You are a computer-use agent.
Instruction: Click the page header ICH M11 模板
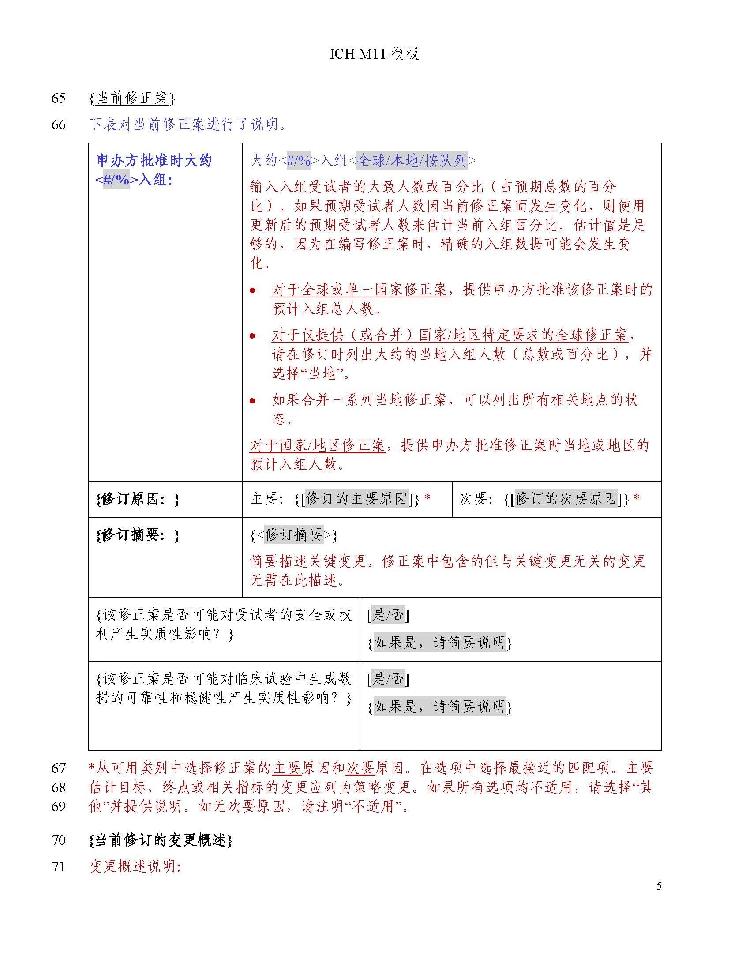coord(374,54)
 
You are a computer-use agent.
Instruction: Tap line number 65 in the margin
coord(59,98)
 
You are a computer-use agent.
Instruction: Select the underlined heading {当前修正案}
coord(132,98)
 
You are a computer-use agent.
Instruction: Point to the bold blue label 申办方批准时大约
coord(154,161)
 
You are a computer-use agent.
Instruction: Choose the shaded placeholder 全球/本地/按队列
coord(412,161)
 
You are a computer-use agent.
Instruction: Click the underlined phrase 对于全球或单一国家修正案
coord(360,290)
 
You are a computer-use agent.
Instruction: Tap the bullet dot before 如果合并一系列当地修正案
coord(252,401)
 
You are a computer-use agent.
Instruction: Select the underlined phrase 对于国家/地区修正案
coord(317,445)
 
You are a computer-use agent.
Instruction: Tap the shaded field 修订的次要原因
coord(566,499)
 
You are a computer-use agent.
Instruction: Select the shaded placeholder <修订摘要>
coord(294,535)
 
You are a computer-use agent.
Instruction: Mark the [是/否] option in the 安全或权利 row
coord(388,615)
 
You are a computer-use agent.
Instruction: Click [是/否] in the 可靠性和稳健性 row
coord(388,678)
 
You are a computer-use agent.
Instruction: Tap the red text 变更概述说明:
coord(135,866)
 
